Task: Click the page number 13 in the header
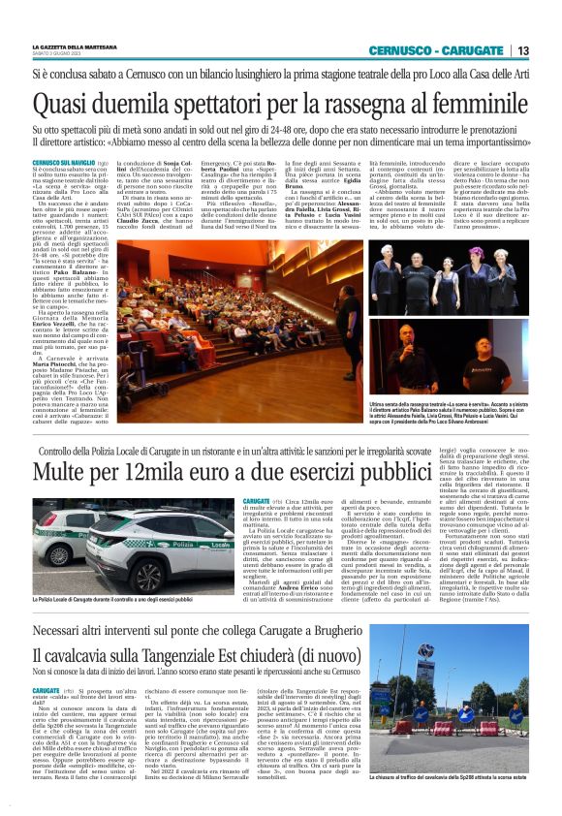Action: click(523, 50)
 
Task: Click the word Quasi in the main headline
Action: click(63, 102)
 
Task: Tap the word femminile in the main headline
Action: click(480, 102)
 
